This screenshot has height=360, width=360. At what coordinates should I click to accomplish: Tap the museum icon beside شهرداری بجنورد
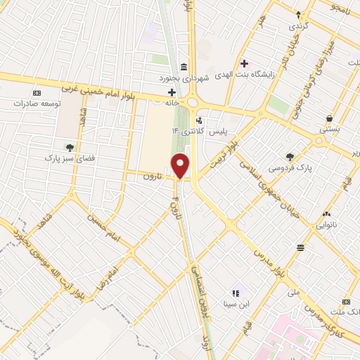(184, 67)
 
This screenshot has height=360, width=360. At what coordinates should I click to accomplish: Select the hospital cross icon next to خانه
(172, 92)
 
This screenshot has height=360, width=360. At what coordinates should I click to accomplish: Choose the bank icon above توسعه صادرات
(37, 92)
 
